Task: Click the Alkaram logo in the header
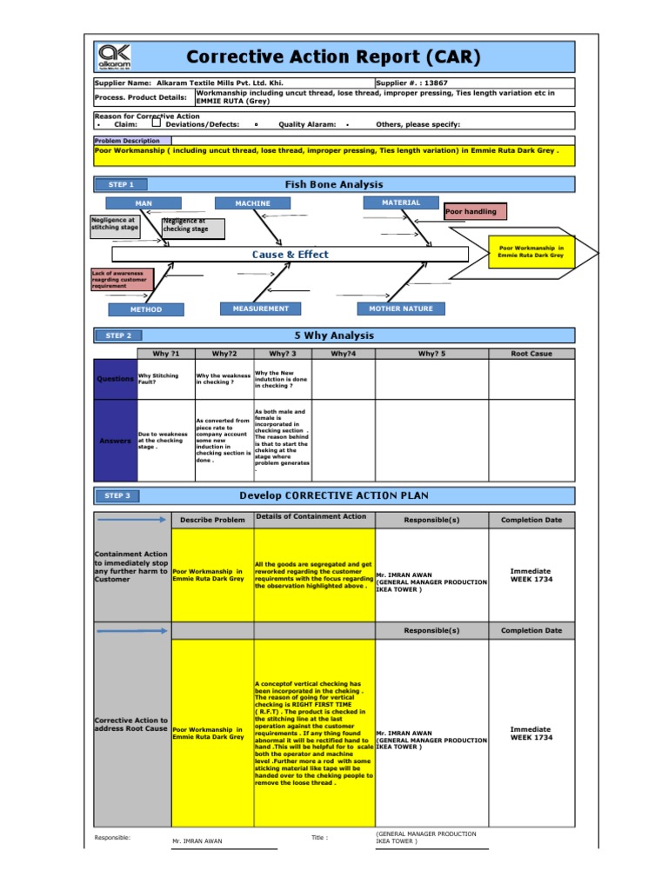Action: tap(115, 56)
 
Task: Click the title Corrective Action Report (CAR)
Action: tap(333, 57)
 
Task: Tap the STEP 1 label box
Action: tap(121, 184)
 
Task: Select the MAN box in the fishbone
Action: tap(144, 203)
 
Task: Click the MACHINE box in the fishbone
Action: tap(252, 203)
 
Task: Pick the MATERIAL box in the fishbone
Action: tap(401, 203)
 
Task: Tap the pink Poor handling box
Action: tap(476, 211)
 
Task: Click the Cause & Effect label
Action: tap(291, 255)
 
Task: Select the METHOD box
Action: tap(146, 309)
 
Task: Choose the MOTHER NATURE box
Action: tap(401, 309)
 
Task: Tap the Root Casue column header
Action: tap(531, 354)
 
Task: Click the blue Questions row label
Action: tap(115, 379)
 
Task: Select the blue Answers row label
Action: tap(115, 441)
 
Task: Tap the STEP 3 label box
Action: tap(119, 495)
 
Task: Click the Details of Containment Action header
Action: tap(312, 516)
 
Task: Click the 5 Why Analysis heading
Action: tap(334, 335)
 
